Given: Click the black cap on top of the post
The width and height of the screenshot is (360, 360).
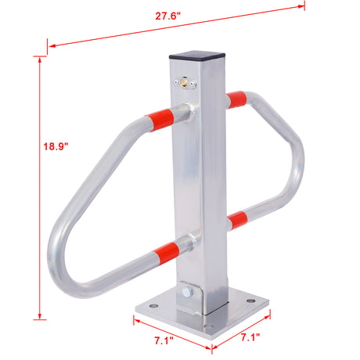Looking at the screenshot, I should pyautogui.click(x=196, y=56).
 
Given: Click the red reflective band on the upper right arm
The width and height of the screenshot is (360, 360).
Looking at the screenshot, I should pyautogui.click(x=237, y=99).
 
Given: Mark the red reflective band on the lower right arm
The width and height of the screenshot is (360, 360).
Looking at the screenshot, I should pyautogui.click(x=238, y=220).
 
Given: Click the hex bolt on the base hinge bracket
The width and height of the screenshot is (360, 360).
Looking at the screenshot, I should pyautogui.click(x=185, y=293).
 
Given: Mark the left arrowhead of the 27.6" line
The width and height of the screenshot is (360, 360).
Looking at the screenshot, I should pyautogui.click(x=49, y=45).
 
